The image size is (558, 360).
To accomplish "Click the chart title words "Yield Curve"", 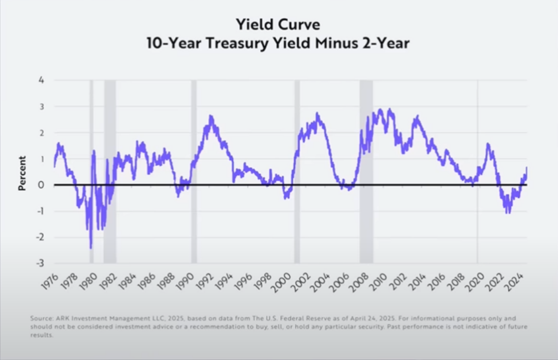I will [278, 25].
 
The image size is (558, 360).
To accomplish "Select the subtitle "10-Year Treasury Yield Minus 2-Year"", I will [278, 43].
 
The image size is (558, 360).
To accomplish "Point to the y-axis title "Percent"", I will [22, 173].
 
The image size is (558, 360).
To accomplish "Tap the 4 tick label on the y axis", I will [42, 80].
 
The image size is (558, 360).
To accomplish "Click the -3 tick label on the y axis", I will [40, 264].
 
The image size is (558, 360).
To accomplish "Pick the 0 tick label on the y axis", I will [42, 185].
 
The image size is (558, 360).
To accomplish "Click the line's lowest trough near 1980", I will [91, 247].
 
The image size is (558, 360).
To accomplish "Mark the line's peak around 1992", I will [211, 116].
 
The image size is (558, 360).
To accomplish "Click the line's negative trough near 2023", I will [507, 212].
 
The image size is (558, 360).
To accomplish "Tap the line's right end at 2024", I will [526, 167].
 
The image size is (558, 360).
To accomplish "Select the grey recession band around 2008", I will [366, 172].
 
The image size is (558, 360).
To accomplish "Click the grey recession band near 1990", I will [194, 172].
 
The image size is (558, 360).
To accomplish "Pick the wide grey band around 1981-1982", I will [110, 172].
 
